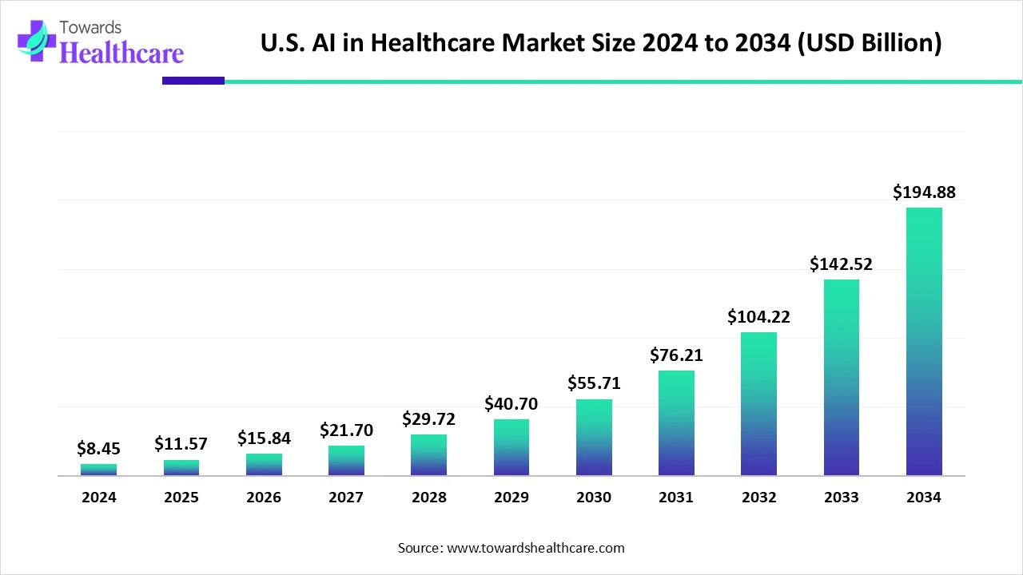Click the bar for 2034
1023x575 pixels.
[x=923, y=342]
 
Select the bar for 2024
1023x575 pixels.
[x=98, y=470]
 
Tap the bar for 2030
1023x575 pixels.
[x=594, y=438]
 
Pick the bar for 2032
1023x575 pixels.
[x=758, y=404]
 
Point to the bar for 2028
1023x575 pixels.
[x=428, y=455]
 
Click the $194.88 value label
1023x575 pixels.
[x=923, y=192]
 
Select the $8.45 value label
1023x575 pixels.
[x=98, y=449]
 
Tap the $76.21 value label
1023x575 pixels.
[x=676, y=355]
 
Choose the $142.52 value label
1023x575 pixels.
[x=841, y=264]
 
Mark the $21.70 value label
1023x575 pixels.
[x=346, y=430]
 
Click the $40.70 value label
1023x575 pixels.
[x=511, y=404]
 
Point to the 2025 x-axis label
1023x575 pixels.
[x=181, y=498]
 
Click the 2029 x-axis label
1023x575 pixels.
[x=511, y=498]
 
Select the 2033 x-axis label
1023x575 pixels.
[x=841, y=498]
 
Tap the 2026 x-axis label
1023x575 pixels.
[x=264, y=498]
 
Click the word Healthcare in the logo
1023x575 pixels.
[x=121, y=53]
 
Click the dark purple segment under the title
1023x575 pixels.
[x=193, y=81]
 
